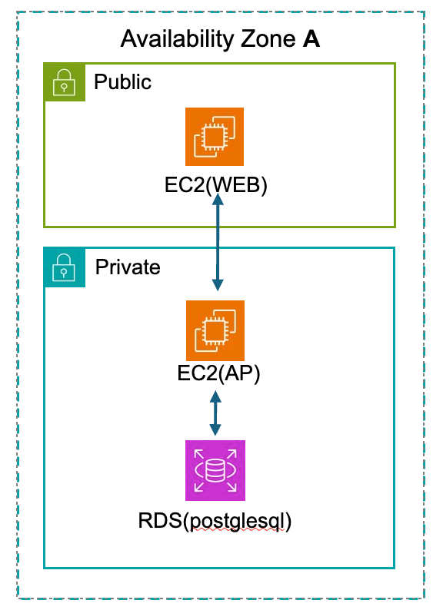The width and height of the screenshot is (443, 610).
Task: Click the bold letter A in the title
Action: point(311,39)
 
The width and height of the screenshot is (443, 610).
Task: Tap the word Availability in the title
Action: point(178,40)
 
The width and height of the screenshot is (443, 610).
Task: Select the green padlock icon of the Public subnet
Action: point(65,82)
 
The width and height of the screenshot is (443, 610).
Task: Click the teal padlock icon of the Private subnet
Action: point(65,267)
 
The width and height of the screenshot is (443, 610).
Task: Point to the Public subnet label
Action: point(123,82)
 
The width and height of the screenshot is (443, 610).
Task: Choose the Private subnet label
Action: point(128,267)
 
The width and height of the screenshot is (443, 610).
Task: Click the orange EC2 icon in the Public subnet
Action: point(215,137)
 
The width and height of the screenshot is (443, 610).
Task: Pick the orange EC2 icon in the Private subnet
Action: point(215,330)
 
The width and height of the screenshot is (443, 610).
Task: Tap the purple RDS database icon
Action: point(215,470)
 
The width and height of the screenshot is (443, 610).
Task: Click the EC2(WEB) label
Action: point(216,185)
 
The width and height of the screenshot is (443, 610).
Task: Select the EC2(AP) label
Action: point(218,373)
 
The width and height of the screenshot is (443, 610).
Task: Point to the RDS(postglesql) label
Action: point(215,522)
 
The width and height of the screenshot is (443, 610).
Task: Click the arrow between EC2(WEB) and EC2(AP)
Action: point(218,242)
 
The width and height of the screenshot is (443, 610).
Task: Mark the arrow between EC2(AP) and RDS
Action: point(215,413)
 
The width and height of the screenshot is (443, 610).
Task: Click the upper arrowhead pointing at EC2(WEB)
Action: point(218,199)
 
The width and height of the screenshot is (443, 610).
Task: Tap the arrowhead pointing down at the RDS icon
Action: point(215,430)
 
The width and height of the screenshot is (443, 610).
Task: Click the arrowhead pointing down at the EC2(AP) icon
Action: point(218,285)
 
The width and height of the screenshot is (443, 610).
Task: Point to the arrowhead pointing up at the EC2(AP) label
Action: point(215,396)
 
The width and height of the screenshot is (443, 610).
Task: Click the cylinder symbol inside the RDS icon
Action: point(215,470)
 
